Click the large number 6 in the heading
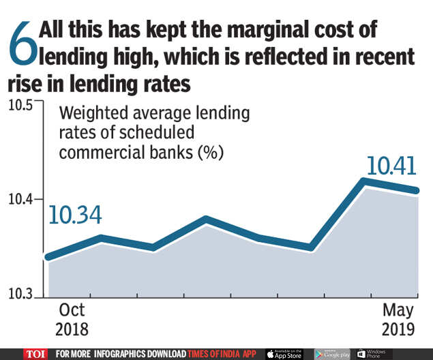(x=21, y=46)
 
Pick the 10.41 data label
(x=391, y=166)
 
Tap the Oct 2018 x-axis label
(x=72, y=319)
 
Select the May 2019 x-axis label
(x=397, y=319)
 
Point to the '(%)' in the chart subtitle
(x=210, y=152)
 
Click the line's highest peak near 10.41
(x=365, y=181)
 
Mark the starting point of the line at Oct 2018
(x=48, y=257)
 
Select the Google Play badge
(x=332, y=354)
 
